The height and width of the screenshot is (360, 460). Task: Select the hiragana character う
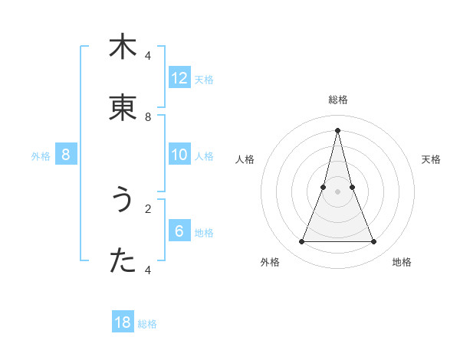(123, 200)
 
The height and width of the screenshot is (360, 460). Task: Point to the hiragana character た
(123, 261)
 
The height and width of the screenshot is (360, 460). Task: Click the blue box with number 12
(179, 78)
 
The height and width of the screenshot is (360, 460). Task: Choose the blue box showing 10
(179, 155)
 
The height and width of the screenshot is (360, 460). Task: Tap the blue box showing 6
(179, 231)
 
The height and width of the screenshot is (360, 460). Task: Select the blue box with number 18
(123, 322)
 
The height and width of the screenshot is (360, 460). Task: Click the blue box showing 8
(66, 155)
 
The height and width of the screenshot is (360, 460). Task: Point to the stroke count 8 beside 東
(148, 117)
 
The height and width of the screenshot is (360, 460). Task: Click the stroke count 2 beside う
(148, 208)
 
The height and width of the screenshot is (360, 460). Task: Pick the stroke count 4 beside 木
(148, 56)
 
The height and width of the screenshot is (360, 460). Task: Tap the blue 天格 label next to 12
(204, 80)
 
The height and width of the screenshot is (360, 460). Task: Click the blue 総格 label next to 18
(147, 324)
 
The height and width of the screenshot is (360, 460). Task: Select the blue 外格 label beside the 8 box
(41, 156)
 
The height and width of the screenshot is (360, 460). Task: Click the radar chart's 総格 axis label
(337, 100)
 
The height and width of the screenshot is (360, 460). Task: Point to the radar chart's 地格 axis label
(402, 262)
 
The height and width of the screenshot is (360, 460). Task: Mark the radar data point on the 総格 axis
(337, 129)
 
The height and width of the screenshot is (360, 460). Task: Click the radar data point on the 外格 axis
(301, 242)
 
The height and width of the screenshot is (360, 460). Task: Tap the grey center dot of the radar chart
(337, 191)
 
